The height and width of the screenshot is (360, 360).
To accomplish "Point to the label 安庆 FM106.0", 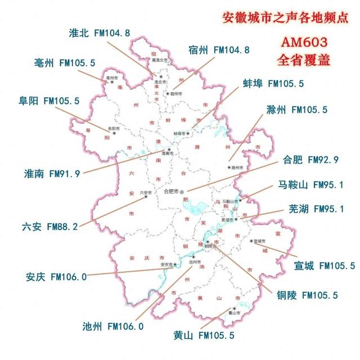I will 56,277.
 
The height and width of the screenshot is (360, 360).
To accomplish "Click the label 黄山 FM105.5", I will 204,336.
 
